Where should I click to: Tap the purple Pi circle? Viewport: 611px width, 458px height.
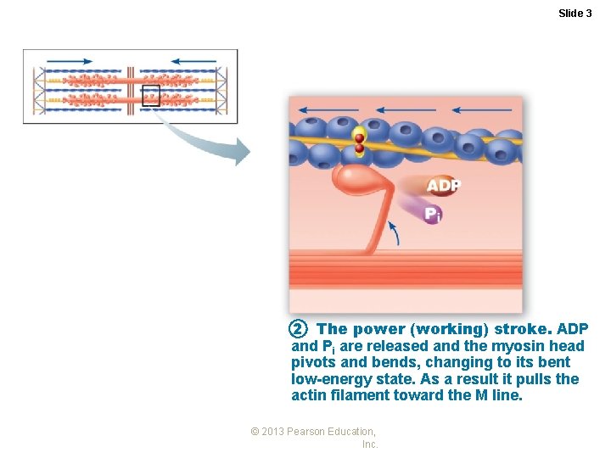(432, 214)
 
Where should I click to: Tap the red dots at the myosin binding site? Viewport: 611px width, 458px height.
(359, 142)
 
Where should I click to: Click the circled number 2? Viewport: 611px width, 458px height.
(297, 328)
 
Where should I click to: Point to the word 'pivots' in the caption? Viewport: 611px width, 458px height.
(312, 362)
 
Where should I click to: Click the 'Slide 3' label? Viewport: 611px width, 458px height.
(575, 13)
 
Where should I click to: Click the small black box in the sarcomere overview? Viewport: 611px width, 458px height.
(151, 96)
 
